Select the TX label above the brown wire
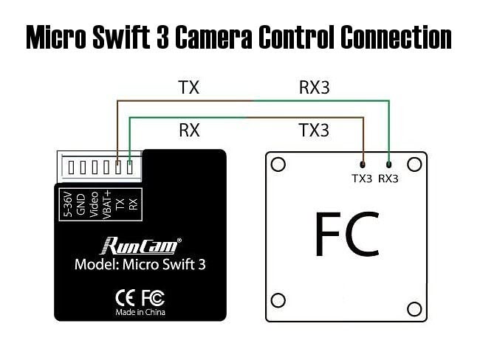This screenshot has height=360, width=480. [x=189, y=87]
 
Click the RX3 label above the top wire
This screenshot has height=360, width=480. [x=314, y=87]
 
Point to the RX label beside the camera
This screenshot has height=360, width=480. [x=189, y=131]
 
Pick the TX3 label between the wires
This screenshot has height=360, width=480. [x=314, y=131]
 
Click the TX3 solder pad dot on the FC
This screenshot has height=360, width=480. [x=363, y=164]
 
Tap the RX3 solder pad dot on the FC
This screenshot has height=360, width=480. [x=388, y=164]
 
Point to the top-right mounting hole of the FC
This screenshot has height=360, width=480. [x=415, y=165]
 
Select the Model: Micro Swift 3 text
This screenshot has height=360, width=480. [x=140, y=265]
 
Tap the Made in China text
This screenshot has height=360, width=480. [x=140, y=312]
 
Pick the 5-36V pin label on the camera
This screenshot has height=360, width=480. [x=69, y=203]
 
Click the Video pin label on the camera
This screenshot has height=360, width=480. [x=94, y=203]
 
